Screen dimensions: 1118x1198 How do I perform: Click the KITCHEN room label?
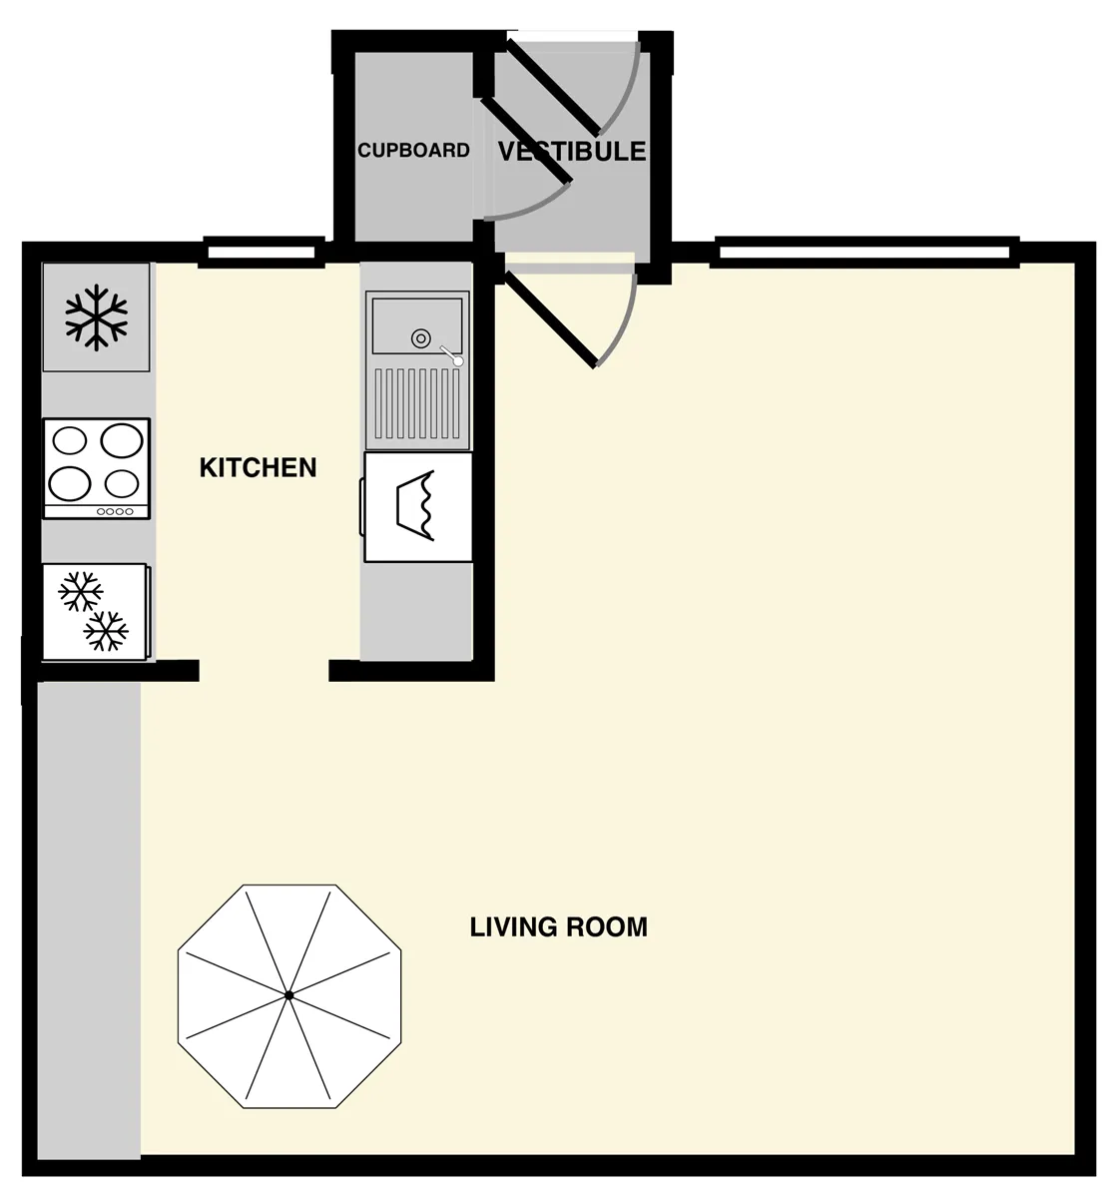258,467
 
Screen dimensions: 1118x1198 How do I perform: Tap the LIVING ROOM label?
558,926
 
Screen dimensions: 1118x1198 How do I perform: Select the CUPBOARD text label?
413,150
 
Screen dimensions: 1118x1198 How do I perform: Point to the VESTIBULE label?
571,152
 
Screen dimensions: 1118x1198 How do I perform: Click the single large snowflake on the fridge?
96,317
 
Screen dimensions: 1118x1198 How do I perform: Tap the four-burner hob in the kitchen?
97,468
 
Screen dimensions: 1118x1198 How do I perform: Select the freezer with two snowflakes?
96,612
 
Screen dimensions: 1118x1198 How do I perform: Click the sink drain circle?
421,338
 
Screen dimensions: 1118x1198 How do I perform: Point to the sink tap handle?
451,355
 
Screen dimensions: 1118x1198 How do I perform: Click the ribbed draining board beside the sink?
417,403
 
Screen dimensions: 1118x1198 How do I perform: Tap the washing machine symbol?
417,507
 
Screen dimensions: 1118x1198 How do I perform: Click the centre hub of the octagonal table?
289,995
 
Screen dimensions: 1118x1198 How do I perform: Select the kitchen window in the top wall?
263,253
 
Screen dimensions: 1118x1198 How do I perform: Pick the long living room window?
864,253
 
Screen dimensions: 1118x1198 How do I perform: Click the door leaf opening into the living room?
550,319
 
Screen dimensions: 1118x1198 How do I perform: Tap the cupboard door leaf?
526,139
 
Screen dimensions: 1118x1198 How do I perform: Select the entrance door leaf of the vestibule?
554,87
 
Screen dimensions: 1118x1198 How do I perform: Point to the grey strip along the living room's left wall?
89,920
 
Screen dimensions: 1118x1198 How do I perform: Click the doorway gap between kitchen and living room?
264,671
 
